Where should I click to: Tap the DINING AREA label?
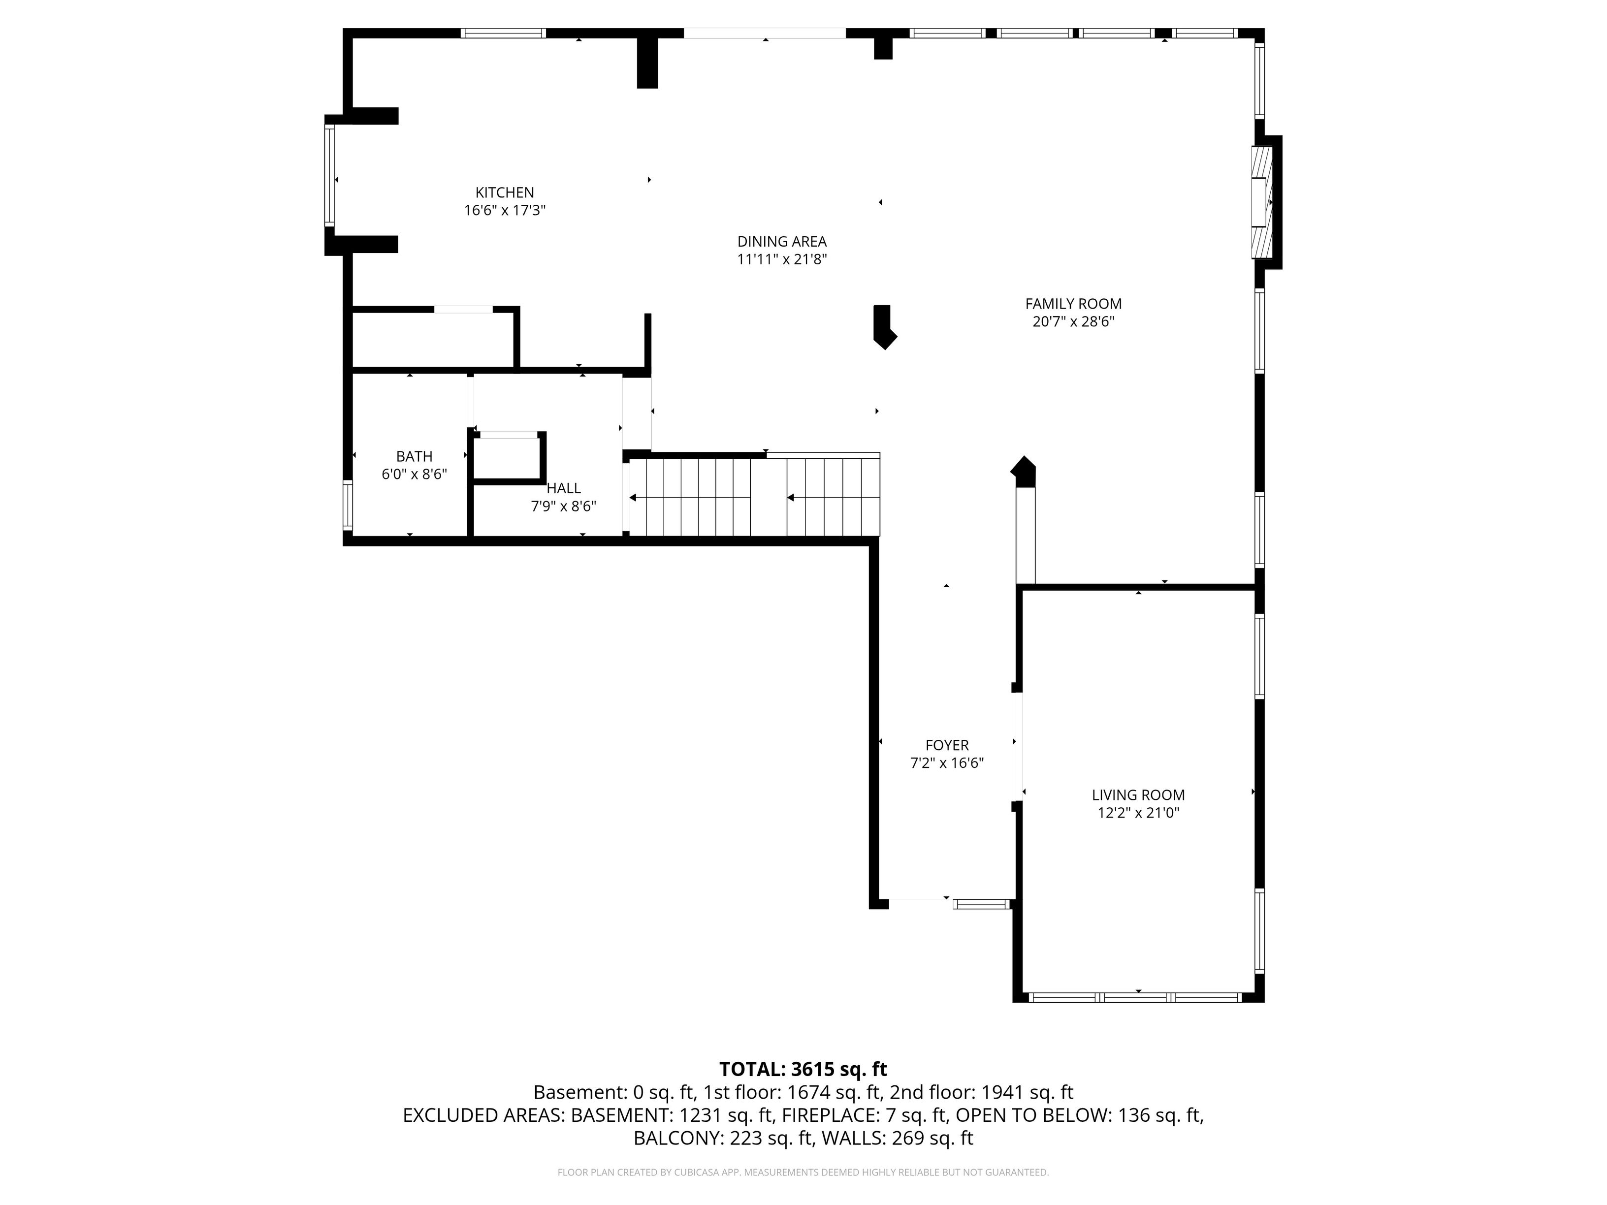pos(782,241)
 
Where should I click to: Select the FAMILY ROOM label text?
pos(1073,304)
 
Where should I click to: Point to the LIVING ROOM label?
pos(1138,794)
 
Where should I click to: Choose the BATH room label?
pos(414,456)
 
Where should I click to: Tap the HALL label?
pos(564,488)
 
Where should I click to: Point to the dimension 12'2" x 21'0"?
pos(1138,813)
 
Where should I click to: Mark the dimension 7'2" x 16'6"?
pos(947,762)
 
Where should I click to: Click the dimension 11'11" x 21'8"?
pos(782,259)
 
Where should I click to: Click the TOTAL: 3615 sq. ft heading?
pos(803,1069)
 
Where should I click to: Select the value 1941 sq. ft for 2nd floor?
pos(1027,1092)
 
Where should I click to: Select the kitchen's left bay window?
pos(329,175)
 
